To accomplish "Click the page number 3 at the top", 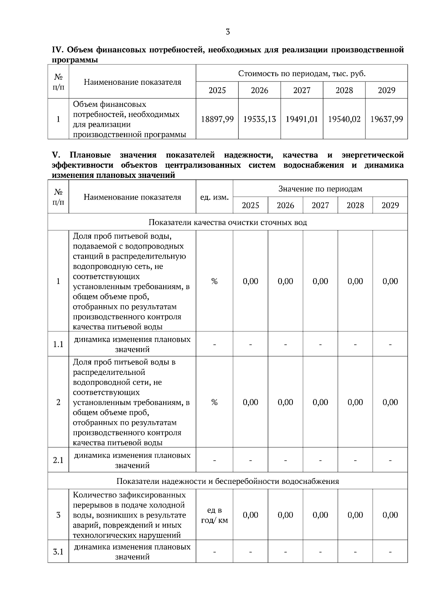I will coord(228,32).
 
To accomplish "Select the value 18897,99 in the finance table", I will coord(217,119).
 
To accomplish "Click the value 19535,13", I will coord(260,119).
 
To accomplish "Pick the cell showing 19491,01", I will coord(302,119).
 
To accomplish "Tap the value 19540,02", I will coord(344,119).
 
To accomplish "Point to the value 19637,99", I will coord(386,119).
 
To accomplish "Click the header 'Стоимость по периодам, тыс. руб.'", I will coord(302,74).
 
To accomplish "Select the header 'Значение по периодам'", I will coord(320,189).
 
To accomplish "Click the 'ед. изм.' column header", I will coord(214,197).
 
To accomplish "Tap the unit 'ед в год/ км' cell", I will coord(214,515).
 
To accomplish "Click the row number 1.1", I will coord(58,344).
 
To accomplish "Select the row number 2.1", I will coord(58,460).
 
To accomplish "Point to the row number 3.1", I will coord(58,552).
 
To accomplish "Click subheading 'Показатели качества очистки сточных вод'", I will coord(228,222).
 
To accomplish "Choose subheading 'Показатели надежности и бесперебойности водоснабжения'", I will coord(228,481).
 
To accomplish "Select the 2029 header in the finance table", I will coord(386,90).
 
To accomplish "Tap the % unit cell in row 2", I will coord(214,402).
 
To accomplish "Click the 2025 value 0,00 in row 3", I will coord(250,515).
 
